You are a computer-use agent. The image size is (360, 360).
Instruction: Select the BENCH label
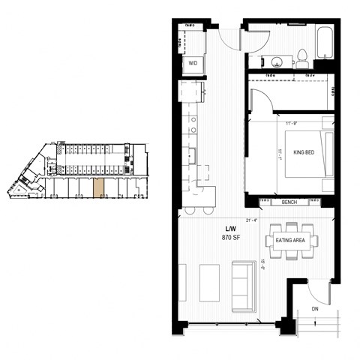coord(289,202)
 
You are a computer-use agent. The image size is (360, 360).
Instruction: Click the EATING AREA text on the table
coord(291,240)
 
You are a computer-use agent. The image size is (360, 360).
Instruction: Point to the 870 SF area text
coord(232,237)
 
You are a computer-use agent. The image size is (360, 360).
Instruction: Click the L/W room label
coord(232,227)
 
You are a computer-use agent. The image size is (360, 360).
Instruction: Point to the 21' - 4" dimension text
coord(251,219)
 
